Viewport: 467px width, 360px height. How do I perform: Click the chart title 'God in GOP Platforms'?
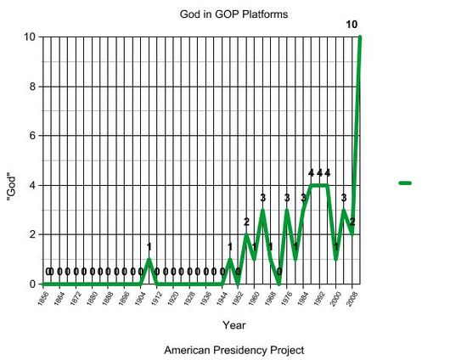(x=233, y=14)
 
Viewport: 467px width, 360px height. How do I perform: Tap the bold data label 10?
(x=352, y=24)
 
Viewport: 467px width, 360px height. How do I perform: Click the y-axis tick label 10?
(x=29, y=37)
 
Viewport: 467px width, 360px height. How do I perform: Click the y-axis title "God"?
(x=12, y=161)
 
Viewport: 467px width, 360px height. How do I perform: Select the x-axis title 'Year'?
(x=233, y=325)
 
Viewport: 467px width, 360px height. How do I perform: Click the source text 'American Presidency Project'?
(x=233, y=350)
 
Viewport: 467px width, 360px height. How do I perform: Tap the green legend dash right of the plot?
(x=405, y=183)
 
